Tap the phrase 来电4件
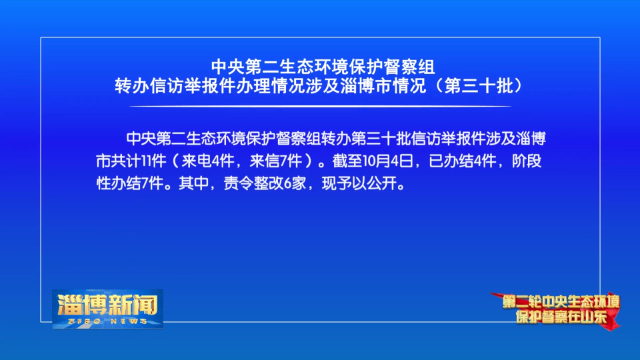(x=208, y=161)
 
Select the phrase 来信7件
(x=276, y=161)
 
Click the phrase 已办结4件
(x=463, y=161)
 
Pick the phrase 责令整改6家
(x=265, y=183)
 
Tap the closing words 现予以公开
(x=359, y=183)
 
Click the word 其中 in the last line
(x=194, y=183)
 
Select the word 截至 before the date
(x=347, y=161)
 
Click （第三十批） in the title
(x=479, y=86)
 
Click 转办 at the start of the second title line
(x=132, y=86)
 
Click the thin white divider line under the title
(x=321, y=106)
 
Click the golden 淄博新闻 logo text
(x=108, y=305)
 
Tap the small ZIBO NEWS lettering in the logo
(x=108, y=321)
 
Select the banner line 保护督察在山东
(x=561, y=317)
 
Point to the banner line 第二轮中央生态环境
(x=561, y=301)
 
